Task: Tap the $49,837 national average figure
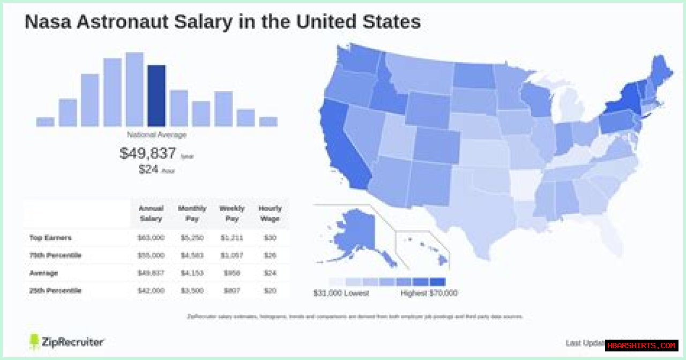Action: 148,154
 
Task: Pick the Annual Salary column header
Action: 151,213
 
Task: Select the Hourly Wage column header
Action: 270,213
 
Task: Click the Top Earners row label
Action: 50,237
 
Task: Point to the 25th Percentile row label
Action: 55,290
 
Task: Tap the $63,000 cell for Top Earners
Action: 151,237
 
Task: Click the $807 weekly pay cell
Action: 232,290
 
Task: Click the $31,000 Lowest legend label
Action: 341,294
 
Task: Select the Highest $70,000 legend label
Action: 429,294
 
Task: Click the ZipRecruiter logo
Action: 66,342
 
